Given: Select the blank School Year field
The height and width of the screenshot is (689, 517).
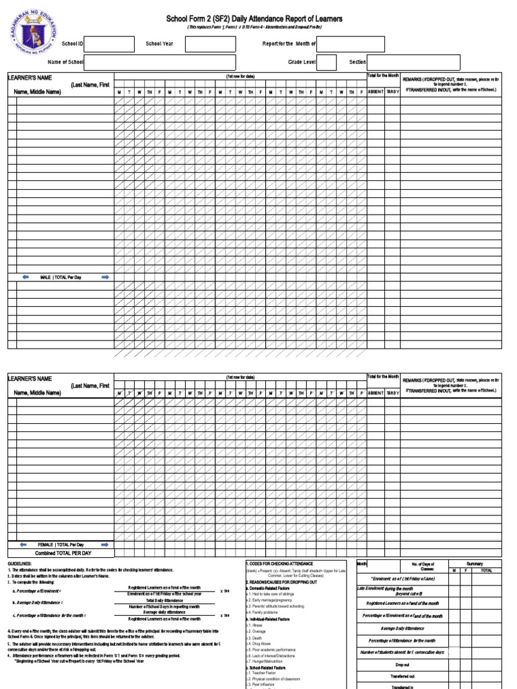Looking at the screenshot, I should tap(210, 44).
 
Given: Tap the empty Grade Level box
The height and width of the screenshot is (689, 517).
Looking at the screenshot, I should tap(326, 62).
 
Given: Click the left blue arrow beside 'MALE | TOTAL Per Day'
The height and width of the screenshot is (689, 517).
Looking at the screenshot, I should tap(25, 277).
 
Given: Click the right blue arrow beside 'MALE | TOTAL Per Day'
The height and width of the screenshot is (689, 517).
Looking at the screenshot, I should tap(104, 277).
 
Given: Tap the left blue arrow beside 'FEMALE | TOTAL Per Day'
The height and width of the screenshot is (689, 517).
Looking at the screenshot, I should tap(23, 544).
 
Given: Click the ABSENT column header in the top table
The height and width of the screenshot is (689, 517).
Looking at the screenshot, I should tap(375, 92).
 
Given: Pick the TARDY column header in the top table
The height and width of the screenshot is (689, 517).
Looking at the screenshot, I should tap(392, 92).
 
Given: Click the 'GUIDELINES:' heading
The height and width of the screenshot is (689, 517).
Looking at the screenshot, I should tap(20, 563).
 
